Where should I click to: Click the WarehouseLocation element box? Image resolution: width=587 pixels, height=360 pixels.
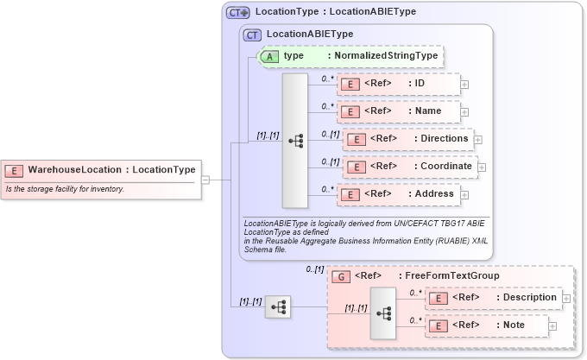click(102, 170)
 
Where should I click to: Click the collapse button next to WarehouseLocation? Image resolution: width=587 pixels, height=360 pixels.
click(205, 180)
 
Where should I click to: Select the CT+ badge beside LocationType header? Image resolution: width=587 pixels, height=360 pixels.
click(238, 13)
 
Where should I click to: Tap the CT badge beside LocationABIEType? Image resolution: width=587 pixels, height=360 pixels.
click(252, 35)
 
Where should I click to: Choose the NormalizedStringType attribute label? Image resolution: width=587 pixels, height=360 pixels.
click(383, 56)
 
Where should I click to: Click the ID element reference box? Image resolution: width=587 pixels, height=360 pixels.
click(398, 84)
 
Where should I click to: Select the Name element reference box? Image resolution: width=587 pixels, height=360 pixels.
click(398, 111)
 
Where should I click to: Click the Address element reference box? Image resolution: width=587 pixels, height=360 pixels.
click(398, 194)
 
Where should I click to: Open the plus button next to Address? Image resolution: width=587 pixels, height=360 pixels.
click(464, 195)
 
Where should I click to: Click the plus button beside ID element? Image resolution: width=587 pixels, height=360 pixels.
click(464, 85)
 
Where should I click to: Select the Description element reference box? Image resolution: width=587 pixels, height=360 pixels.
click(493, 298)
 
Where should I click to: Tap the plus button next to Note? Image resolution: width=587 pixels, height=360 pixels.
click(552, 326)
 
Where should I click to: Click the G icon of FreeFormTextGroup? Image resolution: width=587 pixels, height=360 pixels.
click(343, 276)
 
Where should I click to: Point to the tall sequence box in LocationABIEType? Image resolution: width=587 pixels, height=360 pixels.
click(294, 140)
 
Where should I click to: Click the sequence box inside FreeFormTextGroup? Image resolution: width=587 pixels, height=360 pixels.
click(382, 313)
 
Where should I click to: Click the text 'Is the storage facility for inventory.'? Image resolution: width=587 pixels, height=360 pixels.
click(66, 189)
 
